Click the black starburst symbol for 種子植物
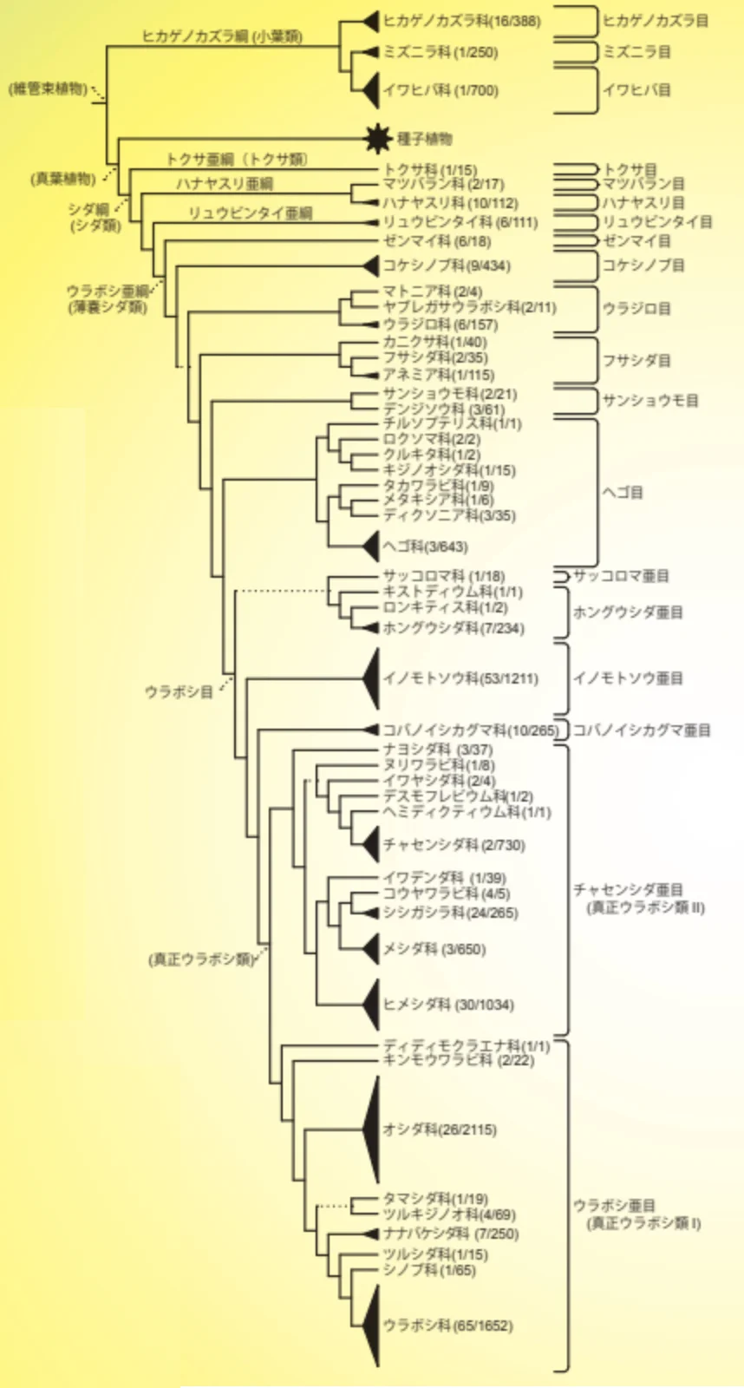point(377,138)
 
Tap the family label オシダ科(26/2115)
point(440,1129)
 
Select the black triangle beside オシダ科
point(372,1129)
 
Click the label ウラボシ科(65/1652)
point(447,1326)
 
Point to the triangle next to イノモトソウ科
point(371,678)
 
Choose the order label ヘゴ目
point(623,492)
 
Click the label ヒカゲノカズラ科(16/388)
point(461,20)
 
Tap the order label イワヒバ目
point(636,89)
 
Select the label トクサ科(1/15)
point(430,170)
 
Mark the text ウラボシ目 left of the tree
point(179,692)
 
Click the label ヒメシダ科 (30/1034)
point(448,1005)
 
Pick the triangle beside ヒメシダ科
point(371,1005)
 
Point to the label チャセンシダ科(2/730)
point(454,845)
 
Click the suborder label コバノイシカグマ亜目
point(642,730)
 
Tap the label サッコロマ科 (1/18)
point(443,576)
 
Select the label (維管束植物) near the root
point(49,88)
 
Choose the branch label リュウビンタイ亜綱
point(250,213)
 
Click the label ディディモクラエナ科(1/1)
point(467,1046)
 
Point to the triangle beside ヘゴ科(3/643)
point(371,547)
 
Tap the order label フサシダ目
point(636,360)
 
